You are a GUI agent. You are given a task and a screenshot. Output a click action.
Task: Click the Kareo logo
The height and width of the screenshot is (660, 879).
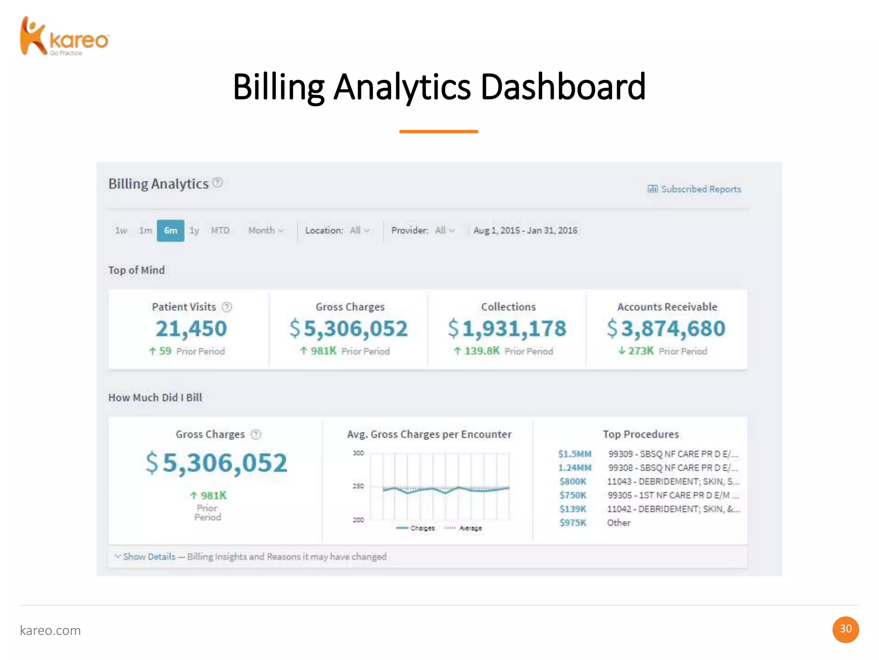click(64, 37)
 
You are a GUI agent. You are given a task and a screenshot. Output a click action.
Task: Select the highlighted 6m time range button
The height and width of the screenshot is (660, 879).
click(170, 231)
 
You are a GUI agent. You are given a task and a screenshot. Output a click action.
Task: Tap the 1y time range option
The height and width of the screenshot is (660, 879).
click(194, 231)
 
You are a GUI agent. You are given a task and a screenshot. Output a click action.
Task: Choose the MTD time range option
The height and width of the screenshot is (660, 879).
click(220, 231)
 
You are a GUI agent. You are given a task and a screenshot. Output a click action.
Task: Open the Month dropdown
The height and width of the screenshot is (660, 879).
click(266, 231)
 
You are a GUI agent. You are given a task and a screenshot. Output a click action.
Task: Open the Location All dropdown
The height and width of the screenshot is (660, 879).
click(360, 231)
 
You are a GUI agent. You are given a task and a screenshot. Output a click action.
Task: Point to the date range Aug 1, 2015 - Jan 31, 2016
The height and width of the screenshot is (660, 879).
click(525, 231)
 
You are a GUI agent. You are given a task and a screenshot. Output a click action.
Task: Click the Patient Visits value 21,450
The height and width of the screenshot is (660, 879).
click(191, 329)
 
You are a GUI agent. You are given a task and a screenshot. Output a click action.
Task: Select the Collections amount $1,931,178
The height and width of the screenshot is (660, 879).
click(507, 329)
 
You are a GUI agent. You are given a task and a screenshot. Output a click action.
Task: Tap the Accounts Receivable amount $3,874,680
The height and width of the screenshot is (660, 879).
click(666, 329)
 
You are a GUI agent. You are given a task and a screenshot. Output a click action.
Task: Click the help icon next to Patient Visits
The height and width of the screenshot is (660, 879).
click(227, 307)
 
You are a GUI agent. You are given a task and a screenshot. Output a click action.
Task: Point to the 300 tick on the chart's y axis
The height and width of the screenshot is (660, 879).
click(358, 453)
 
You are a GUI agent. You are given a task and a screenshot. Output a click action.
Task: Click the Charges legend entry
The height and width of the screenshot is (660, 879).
click(415, 528)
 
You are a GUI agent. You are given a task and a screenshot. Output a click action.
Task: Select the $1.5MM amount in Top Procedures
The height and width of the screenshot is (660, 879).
click(575, 454)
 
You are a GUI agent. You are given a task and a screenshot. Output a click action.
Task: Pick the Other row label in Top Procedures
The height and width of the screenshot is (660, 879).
click(618, 523)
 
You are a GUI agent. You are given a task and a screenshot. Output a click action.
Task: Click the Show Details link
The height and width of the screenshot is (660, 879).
click(149, 557)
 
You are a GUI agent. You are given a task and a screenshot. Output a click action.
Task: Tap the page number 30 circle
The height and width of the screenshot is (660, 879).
click(846, 629)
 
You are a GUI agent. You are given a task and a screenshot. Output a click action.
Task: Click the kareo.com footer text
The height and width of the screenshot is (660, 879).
click(50, 630)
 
